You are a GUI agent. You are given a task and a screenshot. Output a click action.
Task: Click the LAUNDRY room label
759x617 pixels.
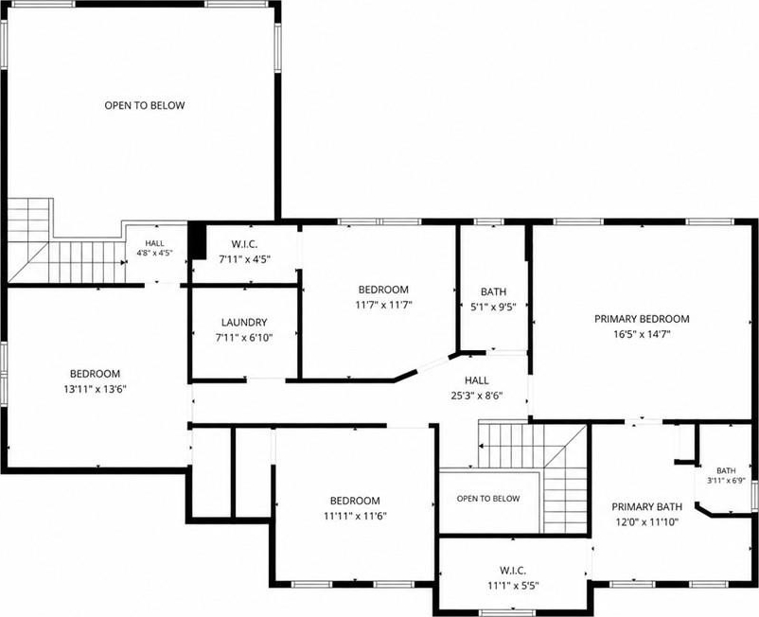pos(244,323)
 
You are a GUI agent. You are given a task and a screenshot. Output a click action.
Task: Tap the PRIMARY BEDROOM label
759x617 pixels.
pos(642,319)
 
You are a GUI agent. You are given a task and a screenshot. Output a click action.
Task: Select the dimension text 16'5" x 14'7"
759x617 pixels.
pos(642,334)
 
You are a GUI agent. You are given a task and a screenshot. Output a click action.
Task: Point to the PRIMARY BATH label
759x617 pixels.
pos(646,506)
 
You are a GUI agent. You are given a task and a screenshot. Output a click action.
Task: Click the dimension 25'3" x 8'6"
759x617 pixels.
pos(477,396)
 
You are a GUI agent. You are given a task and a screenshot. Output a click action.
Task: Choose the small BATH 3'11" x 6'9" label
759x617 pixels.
pos(726,475)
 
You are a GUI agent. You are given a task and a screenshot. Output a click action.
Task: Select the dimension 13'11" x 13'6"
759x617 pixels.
pos(95,389)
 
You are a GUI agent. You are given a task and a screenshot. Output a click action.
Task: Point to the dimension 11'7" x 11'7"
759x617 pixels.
pos(383,305)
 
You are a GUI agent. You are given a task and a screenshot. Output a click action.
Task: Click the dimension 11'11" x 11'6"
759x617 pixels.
pos(355,516)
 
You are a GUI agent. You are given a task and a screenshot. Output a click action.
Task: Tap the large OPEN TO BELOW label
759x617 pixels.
pos(145,105)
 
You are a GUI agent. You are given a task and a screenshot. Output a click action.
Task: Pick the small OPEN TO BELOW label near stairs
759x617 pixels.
pos(488,499)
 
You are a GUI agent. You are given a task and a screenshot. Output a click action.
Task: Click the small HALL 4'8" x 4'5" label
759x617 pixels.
pos(155,248)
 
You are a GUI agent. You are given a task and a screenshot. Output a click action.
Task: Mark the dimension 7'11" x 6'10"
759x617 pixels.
pos(244,337)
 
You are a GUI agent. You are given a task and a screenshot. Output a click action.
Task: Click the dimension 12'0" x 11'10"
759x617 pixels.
pos(646,521)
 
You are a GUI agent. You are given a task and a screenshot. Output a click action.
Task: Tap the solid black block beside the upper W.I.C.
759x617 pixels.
pos(197,240)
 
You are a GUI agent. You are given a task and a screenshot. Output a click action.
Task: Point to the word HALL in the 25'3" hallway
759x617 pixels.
pos(477,380)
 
